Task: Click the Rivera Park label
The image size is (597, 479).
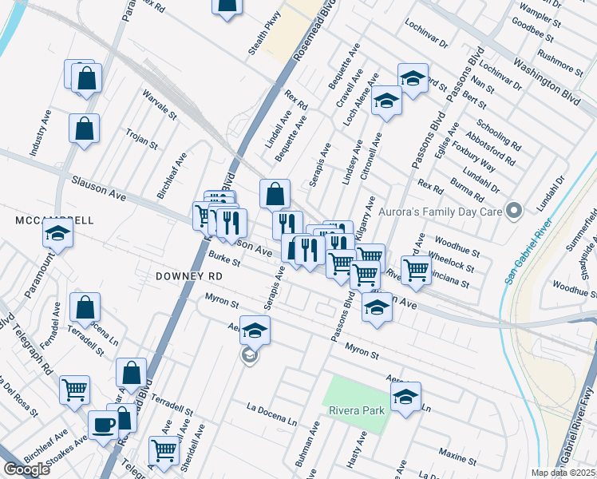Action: click(357, 410)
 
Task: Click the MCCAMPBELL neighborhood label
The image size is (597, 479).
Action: click(54, 220)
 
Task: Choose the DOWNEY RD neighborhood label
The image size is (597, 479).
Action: click(188, 274)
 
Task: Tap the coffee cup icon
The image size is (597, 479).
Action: click(102, 425)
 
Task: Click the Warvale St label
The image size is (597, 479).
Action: click(159, 105)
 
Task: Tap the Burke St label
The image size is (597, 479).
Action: click(224, 259)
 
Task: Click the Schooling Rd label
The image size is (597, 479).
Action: click(498, 136)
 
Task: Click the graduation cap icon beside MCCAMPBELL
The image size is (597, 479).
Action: click(57, 233)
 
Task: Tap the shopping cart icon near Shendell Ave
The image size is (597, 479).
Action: click(164, 449)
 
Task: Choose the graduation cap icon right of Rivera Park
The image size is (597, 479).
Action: click(405, 396)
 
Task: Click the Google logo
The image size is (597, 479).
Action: click(26, 469)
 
